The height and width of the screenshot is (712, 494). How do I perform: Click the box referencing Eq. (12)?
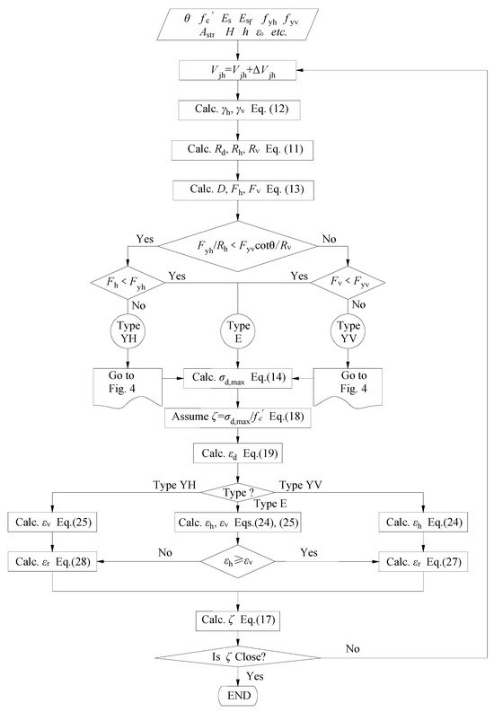point(238,110)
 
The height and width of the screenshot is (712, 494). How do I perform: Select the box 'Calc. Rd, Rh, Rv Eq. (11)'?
point(238,150)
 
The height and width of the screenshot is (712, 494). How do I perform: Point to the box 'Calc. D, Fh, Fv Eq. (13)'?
point(238,190)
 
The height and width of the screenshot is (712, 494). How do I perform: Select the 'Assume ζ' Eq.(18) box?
point(238,418)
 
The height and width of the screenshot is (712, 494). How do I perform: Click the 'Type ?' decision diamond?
point(238,492)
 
